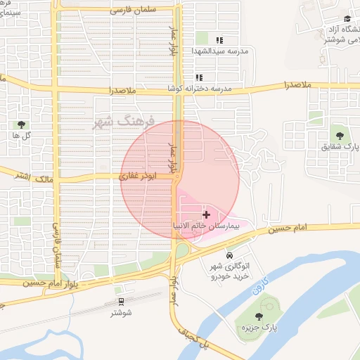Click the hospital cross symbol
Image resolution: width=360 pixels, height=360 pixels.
click(x=205, y=213)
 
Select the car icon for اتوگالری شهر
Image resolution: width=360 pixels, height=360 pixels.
click(x=230, y=255)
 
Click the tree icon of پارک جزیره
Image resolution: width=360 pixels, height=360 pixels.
click(x=259, y=317)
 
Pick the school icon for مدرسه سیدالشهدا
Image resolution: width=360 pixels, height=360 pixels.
click(x=219, y=40)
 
